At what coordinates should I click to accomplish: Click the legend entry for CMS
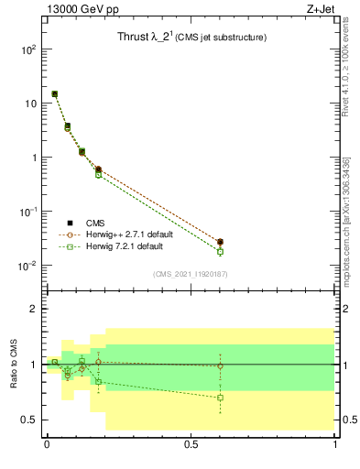[x=96, y=223]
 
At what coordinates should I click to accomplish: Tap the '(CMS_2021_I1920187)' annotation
[x=190, y=274]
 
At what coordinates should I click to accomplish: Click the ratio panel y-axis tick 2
[x=33, y=309]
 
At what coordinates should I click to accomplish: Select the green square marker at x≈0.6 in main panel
[x=220, y=251]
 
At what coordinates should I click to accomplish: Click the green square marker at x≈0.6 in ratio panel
[x=220, y=398]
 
